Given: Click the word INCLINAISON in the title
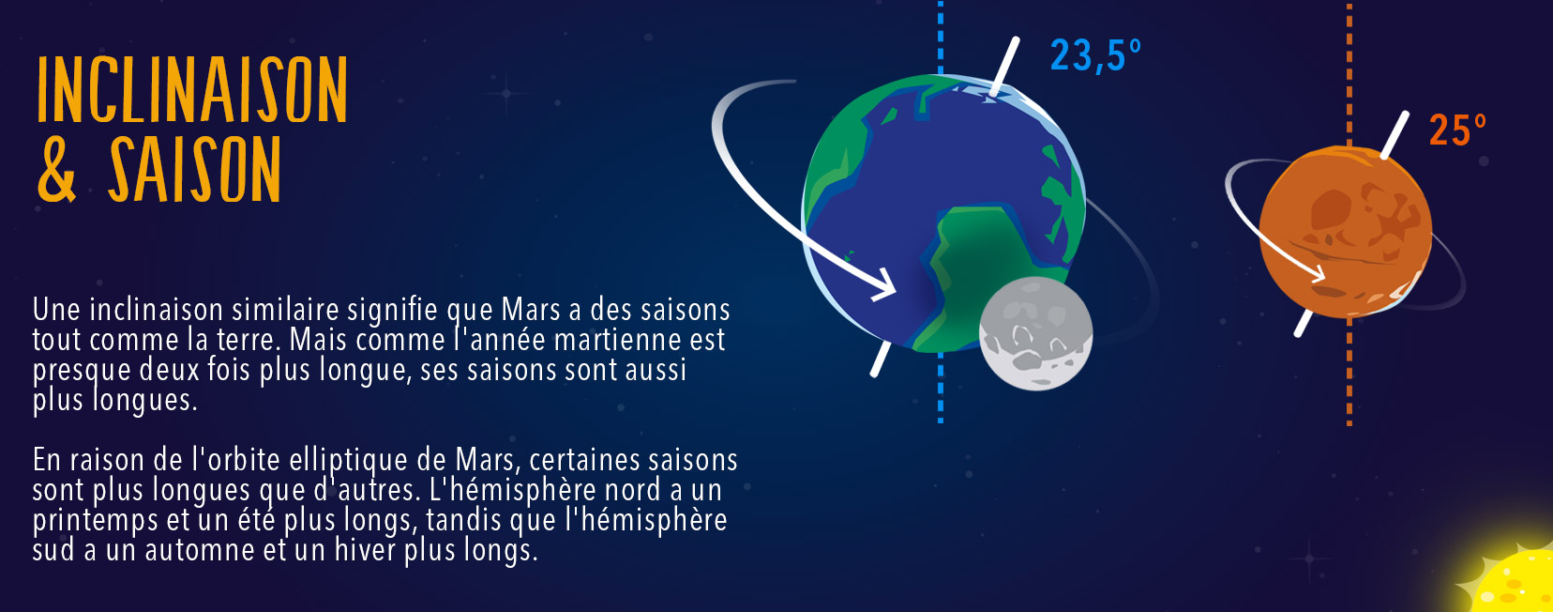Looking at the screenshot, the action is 192,89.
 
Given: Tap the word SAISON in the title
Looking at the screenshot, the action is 195,169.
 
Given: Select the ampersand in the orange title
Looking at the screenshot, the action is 56,169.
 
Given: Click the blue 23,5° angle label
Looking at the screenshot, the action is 1095,55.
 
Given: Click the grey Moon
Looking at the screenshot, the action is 1035,333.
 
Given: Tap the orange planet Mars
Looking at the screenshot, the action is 1345,233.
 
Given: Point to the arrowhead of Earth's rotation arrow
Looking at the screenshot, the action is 884,284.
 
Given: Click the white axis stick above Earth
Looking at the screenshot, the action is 1004,66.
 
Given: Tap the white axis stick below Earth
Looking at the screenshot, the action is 881,359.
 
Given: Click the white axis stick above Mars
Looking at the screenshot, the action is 1395,134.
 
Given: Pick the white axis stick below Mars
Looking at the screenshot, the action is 1304,323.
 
